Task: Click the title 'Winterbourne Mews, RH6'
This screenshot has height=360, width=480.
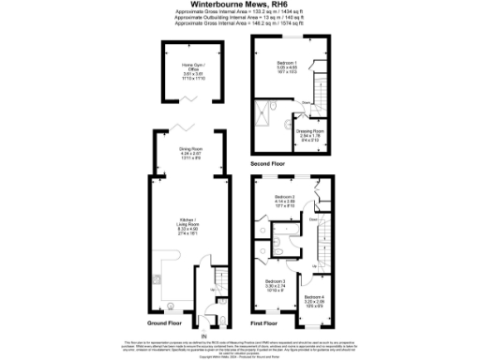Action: click(239, 7)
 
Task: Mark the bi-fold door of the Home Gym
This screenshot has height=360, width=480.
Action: click(191, 99)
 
